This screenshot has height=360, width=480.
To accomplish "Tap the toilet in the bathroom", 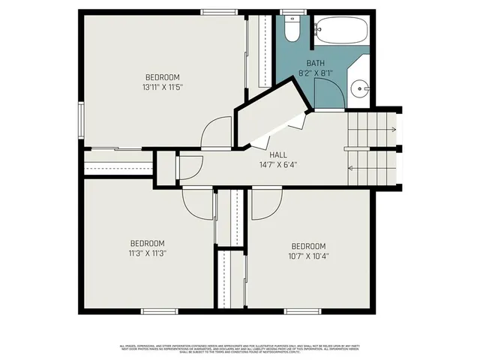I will pyautogui.click(x=292, y=29).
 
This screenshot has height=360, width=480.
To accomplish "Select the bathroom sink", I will pyautogui.click(x=359, y=89).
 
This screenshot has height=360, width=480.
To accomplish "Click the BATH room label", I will pyautogui.click(x=315, y=63).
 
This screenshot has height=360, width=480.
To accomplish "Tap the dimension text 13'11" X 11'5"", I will pyautogui.click(x=162, y=87).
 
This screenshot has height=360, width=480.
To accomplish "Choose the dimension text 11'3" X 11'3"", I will pyautogui.click(x=147, y=253).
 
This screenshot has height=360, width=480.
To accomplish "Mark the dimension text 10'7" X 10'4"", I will pyautogui.click(x=308, y=256).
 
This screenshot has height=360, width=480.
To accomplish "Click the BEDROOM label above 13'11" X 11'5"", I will pyautogui.click(x=162, y=77).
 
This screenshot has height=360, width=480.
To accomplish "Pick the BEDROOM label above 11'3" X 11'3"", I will pyautogui.click(x=147, y=243).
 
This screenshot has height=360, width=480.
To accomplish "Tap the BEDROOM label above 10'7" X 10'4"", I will pyautogui.click(x=308, y=246).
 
